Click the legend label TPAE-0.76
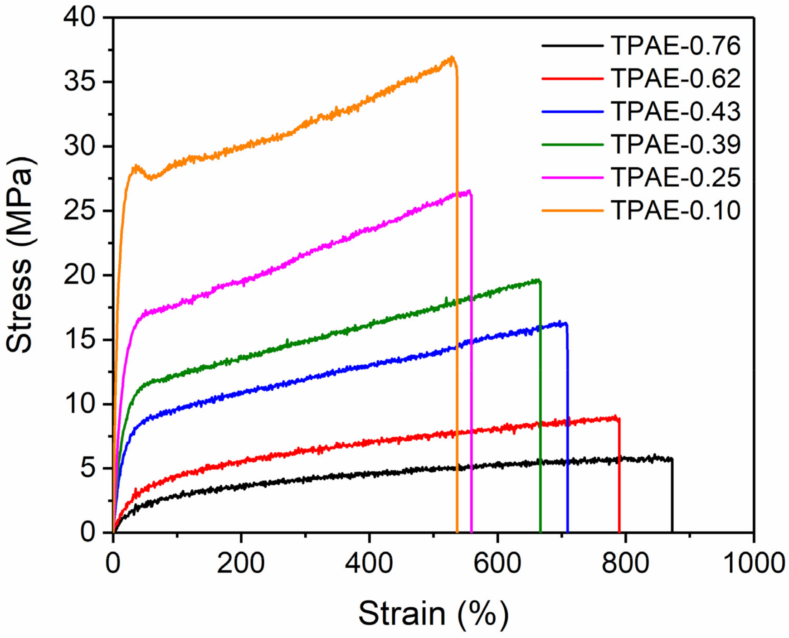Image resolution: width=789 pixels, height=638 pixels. coord(675,46)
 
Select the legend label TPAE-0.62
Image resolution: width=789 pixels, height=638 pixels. coord(675,78)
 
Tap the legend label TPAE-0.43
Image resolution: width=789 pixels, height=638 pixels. coord(675,111)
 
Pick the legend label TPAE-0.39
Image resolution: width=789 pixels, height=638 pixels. coord(675,145)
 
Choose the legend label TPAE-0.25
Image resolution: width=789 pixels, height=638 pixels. coord(675,177)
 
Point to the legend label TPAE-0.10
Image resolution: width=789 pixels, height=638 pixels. coord(675,210)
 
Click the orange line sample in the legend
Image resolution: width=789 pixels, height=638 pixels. coord(572,210)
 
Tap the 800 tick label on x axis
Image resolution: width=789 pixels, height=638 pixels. coord(625,563)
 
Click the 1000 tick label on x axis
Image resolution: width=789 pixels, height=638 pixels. coord(753,563)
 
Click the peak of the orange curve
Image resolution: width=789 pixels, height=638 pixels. coord(452,58)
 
